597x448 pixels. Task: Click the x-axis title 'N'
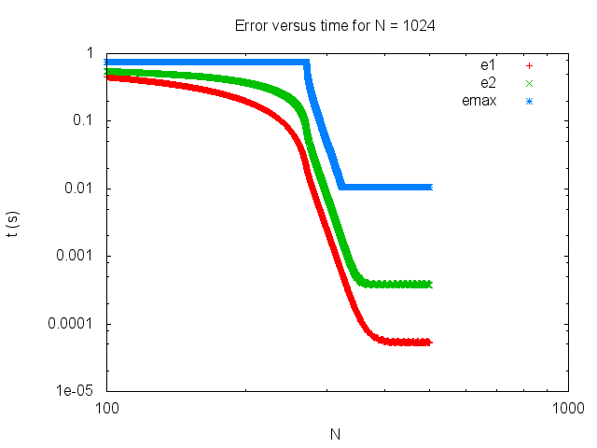pyautogui.click(x=335, y=434)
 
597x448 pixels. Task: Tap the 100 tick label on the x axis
pyautogui.click(x=105, y=408)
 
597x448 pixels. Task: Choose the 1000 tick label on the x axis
pyautogui.click(x=567, y=408)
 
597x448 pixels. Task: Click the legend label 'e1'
pyautogui.click(x=486, y=66)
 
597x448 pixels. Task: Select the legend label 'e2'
pyautogui.click(x=486, y=83)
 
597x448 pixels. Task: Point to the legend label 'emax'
pyautogui.click(x=478, y=100)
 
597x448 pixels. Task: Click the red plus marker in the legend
pyautogui.click(x=528, y=66)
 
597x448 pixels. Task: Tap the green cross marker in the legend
pyautogui.click(x=528, y=83)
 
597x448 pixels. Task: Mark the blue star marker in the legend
pyautogui.click(x=528, y=100)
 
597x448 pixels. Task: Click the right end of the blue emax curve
pyautogui.click(x=429, y=187)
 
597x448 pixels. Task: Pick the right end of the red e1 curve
pyautogui.click(x=428, y=343)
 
